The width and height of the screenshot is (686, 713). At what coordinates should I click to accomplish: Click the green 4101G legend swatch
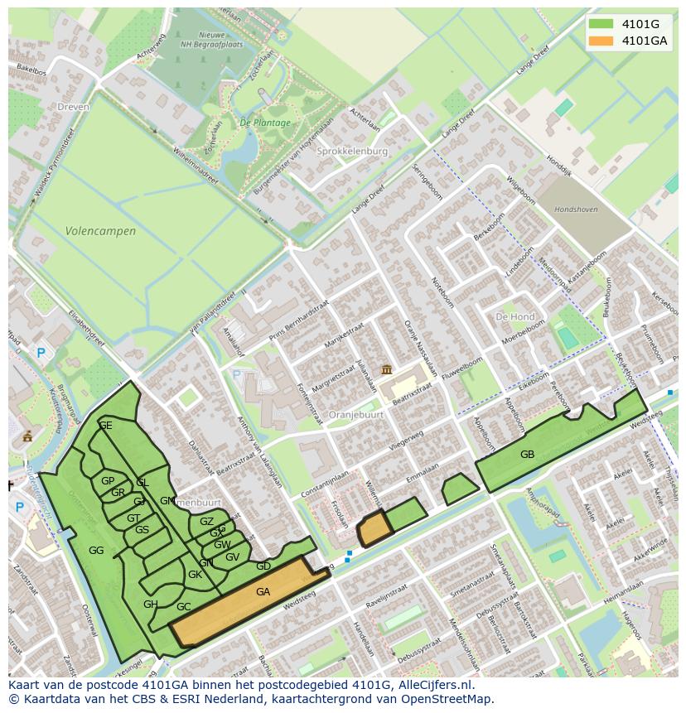point(601,24)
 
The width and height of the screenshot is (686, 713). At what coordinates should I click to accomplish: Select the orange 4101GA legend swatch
point(601,41)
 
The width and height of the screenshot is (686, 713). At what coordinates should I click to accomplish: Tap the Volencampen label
point(100,231)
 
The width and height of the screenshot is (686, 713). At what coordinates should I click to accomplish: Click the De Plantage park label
point(265,123)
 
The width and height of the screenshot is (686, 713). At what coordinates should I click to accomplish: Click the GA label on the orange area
point(263,592)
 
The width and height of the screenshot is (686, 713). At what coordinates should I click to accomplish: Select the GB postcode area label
point(527,454)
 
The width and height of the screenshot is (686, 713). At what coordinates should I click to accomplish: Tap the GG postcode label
point(96,550)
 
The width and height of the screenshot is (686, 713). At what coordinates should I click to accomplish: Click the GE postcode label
point(105,426)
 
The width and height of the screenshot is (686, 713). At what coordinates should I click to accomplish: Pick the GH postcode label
point(150,605)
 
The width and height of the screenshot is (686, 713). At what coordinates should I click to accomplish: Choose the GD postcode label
point(263,566)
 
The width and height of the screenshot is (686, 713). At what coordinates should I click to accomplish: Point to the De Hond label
point(514,317)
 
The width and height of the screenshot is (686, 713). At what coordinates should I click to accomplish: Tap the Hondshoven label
point(576,210)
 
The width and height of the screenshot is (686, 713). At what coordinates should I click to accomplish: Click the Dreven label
point(73,107)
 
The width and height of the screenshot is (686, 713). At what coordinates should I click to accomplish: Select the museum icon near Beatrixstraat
point(386,369)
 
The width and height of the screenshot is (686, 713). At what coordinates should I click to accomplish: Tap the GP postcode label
point(108,481)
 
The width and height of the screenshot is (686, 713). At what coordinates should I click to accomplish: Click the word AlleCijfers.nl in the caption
point(434,686)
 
